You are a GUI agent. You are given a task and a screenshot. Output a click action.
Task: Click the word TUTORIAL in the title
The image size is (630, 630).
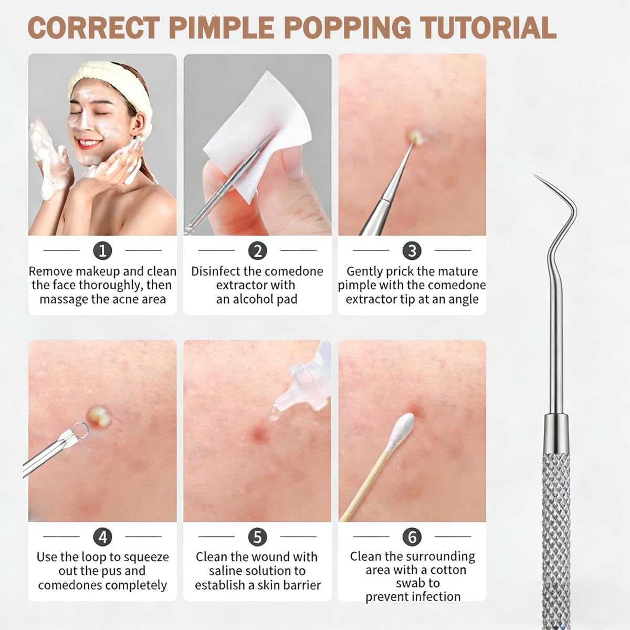click(488, 28)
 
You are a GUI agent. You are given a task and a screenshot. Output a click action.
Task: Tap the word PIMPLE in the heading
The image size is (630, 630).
click(222, 28)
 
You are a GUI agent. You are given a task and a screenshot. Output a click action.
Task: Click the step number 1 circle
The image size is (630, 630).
click(103, 251)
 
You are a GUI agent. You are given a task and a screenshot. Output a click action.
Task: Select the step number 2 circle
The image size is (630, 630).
click(258, 251)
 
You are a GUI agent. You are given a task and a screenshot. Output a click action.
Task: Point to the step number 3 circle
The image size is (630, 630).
click(412, 251)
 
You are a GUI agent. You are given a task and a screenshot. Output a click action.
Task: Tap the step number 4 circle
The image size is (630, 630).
click(103, 537)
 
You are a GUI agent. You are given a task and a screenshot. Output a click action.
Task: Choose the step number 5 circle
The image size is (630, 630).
click(258, 537)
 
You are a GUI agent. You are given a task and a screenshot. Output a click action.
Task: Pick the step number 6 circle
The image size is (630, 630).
click(412, 537)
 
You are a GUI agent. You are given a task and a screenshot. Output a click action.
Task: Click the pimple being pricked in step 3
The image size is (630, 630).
click(415, 137)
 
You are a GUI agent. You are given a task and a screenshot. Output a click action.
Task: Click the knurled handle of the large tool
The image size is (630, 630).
click(556, 540)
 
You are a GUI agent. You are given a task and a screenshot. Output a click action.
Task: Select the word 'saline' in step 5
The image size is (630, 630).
click(226, 571)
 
